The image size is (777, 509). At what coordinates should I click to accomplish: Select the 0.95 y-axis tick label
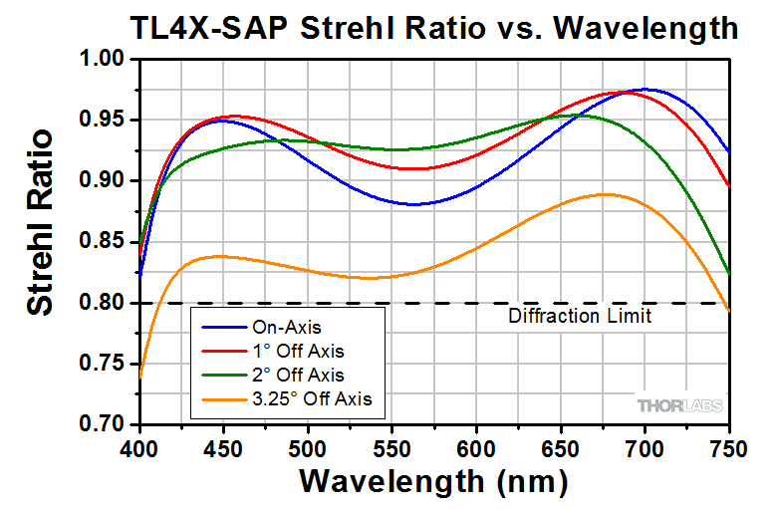pyautogui.click(x=102, y=121)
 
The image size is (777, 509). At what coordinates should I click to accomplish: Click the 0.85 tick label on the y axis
pyautogui.click(x=102, y=242)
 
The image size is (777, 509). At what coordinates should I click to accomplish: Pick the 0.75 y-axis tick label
pyautogui.click(x=102, y=364)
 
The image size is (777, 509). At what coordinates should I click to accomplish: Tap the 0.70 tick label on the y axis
pyautogui.click(x=102, y=424)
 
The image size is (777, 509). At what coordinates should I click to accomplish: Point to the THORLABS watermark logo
pyautogui.click(x=679, y=406)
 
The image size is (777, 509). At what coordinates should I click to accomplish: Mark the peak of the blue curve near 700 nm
pyautogui.click(x=645, y=90)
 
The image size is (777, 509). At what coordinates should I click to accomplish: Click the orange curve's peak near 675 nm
pyautogui.click(x=605, y=194)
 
